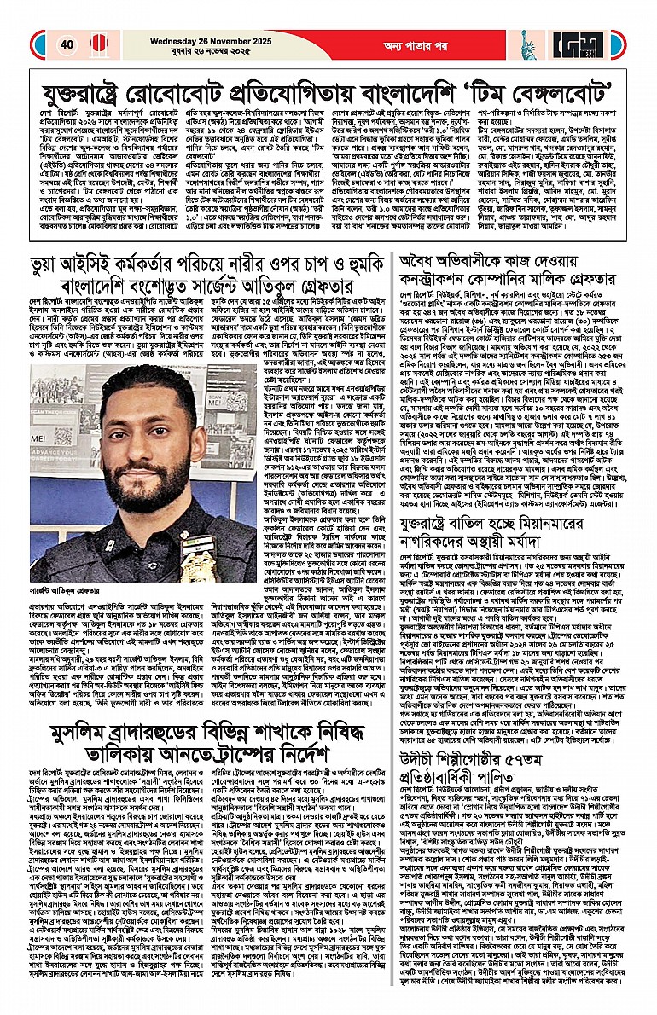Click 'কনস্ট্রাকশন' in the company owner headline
coord(450,289)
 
